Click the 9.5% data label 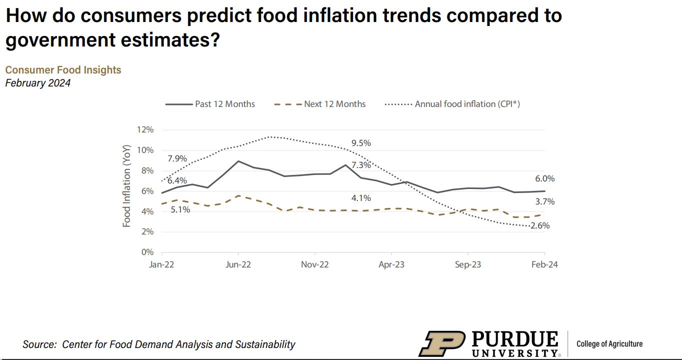(x=361, y=143)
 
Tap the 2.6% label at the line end (x=539, y=226)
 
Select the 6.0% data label (x=544, y=179)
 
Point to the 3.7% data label (x=544, y=202)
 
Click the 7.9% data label (x=177, y=159)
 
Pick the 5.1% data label (x=180, y=210)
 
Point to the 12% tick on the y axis (x=145, y=130)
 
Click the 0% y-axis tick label (x=147, y=252)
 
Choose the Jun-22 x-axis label (x=238, y=265)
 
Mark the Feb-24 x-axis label (x=544, y=265)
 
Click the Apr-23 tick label (x=391, y=265)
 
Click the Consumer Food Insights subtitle (x=63, y=70)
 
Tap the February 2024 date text (x=37, y=83)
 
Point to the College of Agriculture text (x=609, y=343)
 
